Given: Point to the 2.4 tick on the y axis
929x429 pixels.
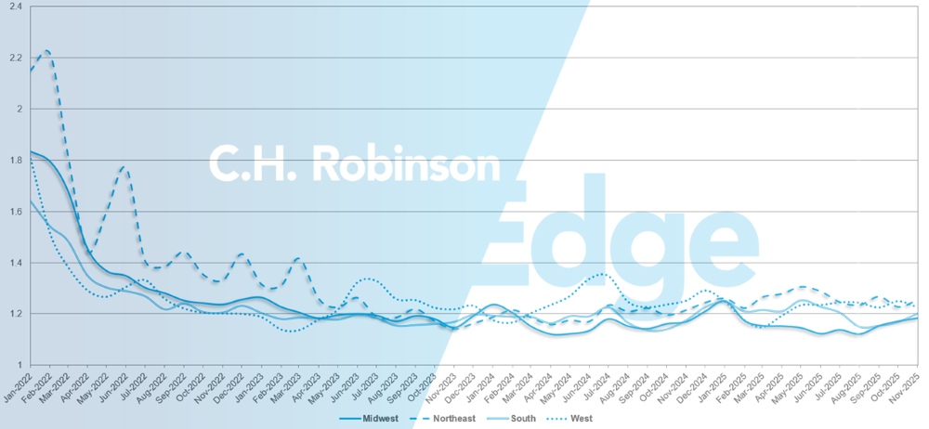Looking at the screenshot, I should tap(16, 6).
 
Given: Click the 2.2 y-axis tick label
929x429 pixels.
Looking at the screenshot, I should tap(16, 58).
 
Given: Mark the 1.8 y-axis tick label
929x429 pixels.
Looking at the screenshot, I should tap(16, 160).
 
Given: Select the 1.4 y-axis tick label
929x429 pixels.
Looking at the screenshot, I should tap(16, 262).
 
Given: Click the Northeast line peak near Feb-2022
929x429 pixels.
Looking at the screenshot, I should tap(46, 51).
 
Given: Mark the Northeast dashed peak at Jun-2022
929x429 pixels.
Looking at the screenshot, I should tap(124, 168).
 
